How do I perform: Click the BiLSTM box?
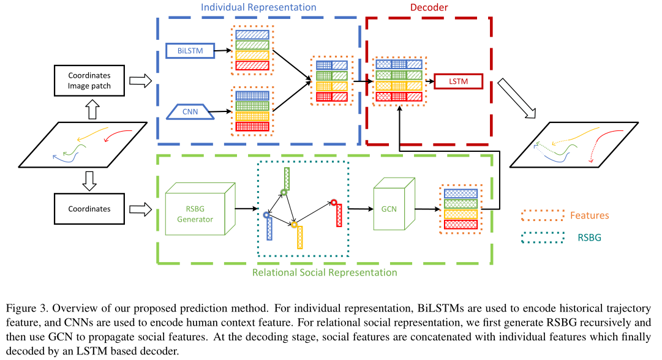(190, 51)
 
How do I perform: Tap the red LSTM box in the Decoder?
(459, 81)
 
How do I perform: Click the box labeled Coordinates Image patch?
(89, 81)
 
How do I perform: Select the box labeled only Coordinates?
(89, 209)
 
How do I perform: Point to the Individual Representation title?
(259, 8)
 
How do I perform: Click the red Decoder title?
(429, 8)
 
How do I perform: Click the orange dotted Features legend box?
(542, 216)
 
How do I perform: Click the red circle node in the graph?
(334, 202)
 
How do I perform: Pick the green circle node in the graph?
(284, 192)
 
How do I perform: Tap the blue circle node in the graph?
(266, 215)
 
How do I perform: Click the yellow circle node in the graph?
(295, 225)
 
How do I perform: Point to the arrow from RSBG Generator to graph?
(246, 209)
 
